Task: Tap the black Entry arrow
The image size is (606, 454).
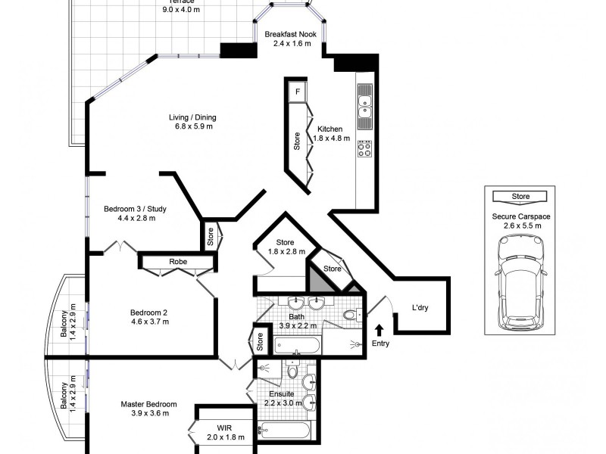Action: coord(380,329)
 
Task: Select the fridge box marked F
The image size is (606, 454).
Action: coord(298,92)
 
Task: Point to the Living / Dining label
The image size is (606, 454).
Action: coord(192,117)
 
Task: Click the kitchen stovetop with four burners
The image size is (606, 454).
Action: coord(364,149)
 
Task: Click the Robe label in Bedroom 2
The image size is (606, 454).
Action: coord(178,262)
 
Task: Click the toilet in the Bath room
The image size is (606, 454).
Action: coord(351,314)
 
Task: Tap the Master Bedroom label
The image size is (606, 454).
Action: coord(148,404)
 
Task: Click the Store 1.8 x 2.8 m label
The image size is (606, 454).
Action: coord(286,247)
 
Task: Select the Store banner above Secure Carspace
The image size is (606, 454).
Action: coord(520,197)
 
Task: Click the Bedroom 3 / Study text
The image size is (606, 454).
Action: coord(136,209)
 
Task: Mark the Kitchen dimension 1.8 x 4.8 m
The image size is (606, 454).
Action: coord(333,138)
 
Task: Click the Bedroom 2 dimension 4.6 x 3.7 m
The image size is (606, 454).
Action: coord(149,322)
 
